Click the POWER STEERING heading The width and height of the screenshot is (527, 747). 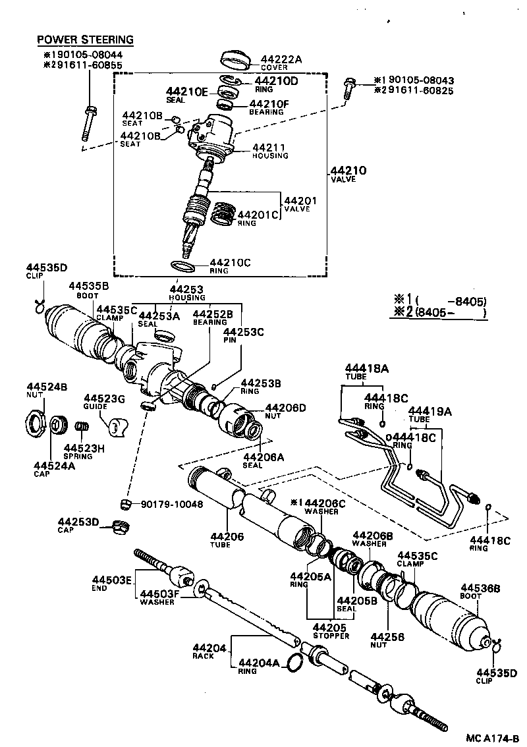pyautogui.click(x=84, y=40)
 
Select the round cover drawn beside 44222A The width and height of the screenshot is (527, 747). pyautogui.click(x=236, y=59)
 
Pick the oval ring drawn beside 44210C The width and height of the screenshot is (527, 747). pyautogui.click(x=183, y=266)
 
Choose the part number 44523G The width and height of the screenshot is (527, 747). pyautogui.click(x=104, y=398)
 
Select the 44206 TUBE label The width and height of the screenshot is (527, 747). pyautogui.click(x=227, y=541)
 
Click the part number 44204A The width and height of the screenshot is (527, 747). pyautogui.click(x=260, y=663)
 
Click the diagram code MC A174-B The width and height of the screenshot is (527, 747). pyautogui.click(x=490, y=738)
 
